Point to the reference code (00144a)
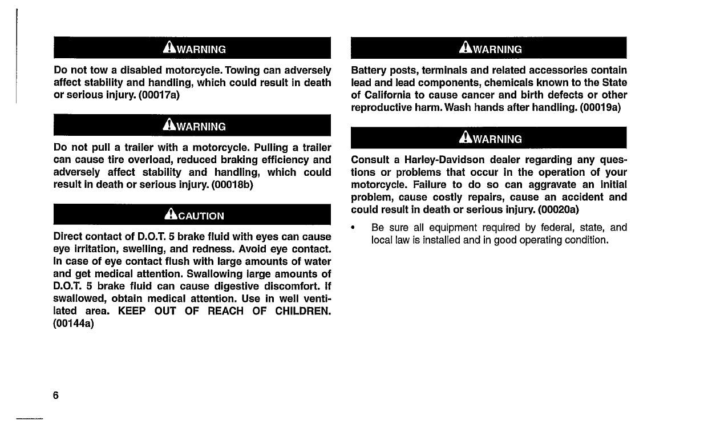coord(74,324)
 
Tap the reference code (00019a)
coord(600,107)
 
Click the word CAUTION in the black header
coord(201,216)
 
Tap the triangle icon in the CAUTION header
coord(169,215)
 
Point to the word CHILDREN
coord(303,311)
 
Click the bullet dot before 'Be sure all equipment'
coord(355,228)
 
